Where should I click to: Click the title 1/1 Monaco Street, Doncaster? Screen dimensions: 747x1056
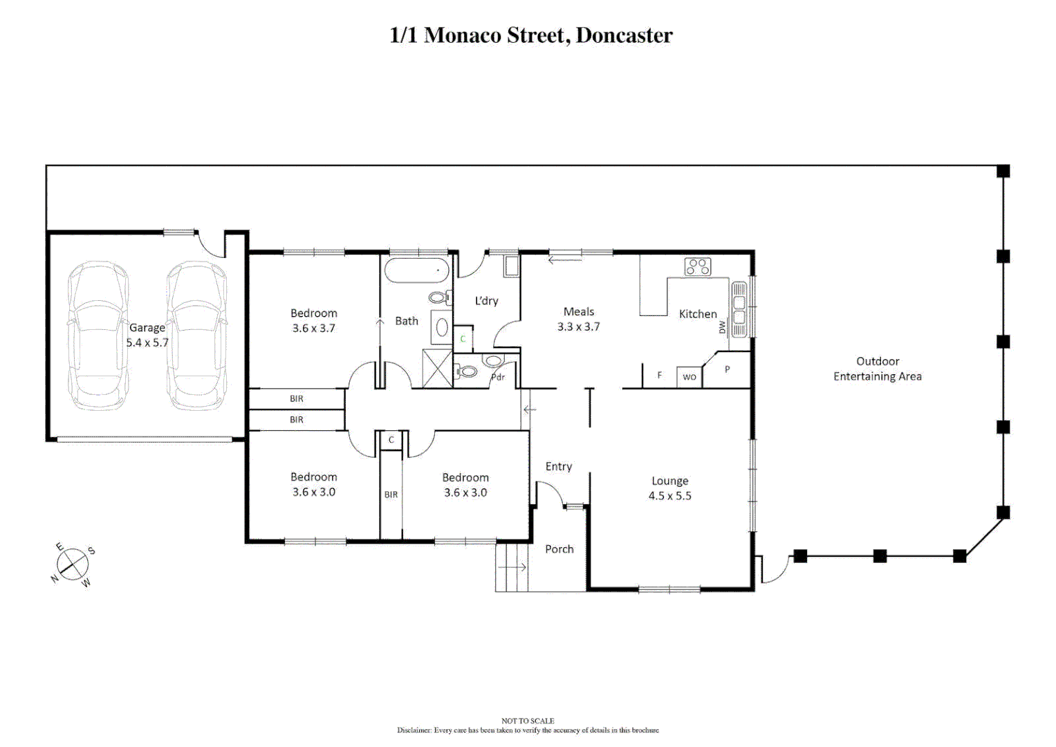click(x=530, y=35)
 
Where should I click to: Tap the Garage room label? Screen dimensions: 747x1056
click(x=147, y=328)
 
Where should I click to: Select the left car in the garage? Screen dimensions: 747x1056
click(x=98, y=335)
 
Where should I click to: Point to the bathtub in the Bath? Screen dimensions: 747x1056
click(x=417, y=270)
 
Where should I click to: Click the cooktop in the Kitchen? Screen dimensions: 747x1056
click(x=697, y=266)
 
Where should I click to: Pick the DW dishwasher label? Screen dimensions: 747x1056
click(x=723, y=327)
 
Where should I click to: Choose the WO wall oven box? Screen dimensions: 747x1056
click(x=689, y=376)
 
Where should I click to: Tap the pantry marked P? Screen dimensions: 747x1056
click(x=728, y=370)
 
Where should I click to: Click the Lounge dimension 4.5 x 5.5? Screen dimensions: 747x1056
click(x=669, y=496)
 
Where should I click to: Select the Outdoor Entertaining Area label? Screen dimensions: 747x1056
click(x=877, y=369)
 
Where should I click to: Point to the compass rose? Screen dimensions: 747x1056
click(x=73, y=564)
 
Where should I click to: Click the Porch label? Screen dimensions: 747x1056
click(x=559, y=549)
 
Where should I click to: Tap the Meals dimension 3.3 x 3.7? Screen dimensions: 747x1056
click(x=578, y=326)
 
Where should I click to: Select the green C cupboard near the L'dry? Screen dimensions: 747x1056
click(x=463, y=339)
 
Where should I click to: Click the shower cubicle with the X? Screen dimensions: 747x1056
click(x=437, y=369)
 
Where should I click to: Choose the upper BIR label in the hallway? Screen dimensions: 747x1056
click(x=296, y=398)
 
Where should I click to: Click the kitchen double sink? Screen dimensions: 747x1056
click(x=739, y=309)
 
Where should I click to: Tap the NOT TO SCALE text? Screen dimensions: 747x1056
click(x=528, y=721)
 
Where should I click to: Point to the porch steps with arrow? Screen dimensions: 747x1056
click(x=512, y=567)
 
